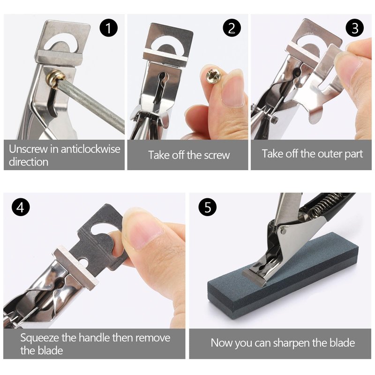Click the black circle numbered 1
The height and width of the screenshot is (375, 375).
pyautogui.click(x=109, y=28)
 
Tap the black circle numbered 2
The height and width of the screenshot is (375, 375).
pyautogui.click(x=232, y=28)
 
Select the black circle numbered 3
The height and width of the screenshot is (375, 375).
pyautogui.click(x=355, y=28)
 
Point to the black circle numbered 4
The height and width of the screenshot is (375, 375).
pyautogui.click(x=21, y=207)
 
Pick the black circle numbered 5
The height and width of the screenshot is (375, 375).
pyautogui.click(x=208, y=207)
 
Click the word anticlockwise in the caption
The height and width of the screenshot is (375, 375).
pyautogui.click(x=90, y=149)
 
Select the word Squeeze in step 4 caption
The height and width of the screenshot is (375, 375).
pyautogui.click(x=39, y=338)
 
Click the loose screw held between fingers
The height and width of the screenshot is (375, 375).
pyautogui.click(x=214, y=75)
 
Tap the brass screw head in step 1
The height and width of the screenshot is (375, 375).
pyautogui.click(x=56, y=77)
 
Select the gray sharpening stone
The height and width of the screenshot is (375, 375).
pyautogui.click(x=283, y=275)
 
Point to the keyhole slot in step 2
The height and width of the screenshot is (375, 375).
pyautogui.click(x=160, y=88)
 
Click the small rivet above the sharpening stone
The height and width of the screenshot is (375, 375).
pyautogui.click(x=284, y=231)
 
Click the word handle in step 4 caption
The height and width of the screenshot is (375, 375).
pyautogui.click(x=95, y=337)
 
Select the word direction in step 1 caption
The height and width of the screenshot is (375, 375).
pyautogui.click(x=29, y=162)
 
